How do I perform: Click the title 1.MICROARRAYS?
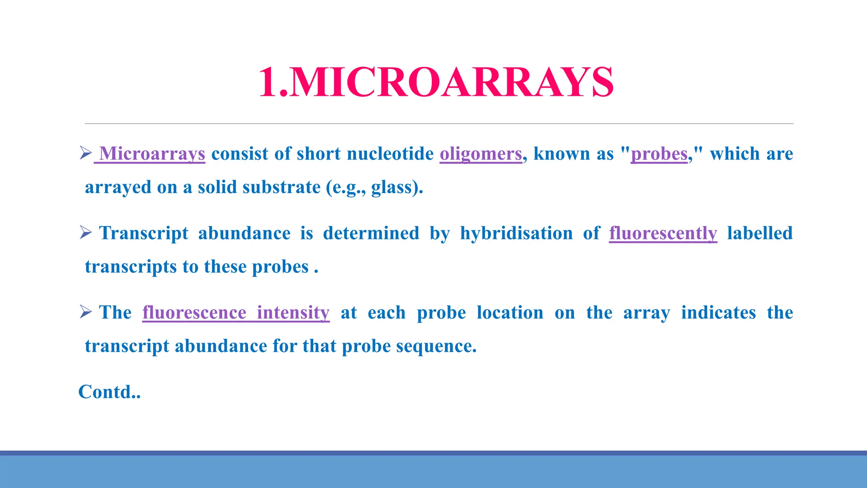pos(436,82)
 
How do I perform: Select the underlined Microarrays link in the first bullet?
pos(152,154)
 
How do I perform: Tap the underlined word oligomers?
pos(480,154)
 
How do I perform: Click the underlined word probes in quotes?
pos(659,154)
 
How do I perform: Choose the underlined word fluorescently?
pos(663,233)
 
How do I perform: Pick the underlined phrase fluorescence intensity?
pos(236,313)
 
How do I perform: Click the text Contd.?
pos(109,392)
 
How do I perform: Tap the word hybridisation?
pos(516,233)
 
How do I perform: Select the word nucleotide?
pos(390,154)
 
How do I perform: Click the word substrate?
pos(281,187)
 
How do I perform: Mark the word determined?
pos(371,233)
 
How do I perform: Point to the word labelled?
pos(760,233)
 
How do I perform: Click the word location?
pos(510,313)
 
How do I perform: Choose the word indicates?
pos(718,313)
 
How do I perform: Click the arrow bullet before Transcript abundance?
pos(86,232)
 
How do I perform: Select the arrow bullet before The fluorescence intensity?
pos(86,312)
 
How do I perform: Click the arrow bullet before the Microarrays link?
pos(86,152)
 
